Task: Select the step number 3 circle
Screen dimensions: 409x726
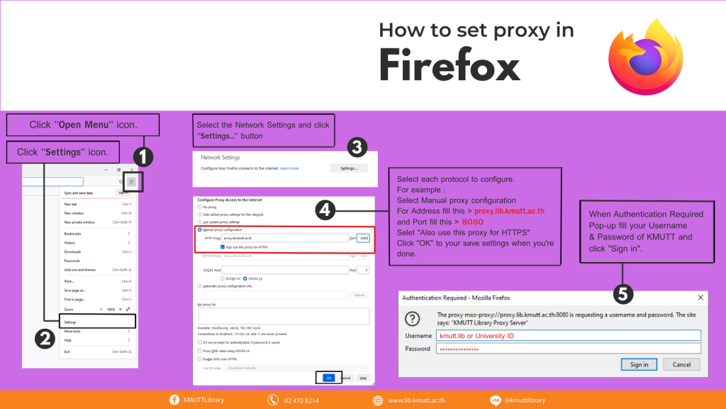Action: click(357, 147)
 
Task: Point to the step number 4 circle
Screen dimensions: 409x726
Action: click(324, 209)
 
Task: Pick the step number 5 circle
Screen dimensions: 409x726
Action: click(622, 293)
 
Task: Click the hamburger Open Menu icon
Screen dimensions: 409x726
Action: click(131, 182)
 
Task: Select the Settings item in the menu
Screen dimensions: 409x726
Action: click(70, 322)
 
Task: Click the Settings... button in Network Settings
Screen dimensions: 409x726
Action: click(348, 168)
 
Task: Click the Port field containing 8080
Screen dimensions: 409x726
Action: click(363, 238)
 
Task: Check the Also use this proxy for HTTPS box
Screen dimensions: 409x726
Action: click(223, 247)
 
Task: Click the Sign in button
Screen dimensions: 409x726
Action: click(639, 364)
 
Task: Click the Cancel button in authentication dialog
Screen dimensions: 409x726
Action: click(681, 364)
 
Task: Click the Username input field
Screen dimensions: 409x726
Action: click(568, 335)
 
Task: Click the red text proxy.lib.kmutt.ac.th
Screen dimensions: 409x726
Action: click(509, 211)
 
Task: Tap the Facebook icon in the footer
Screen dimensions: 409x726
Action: click(174, 400)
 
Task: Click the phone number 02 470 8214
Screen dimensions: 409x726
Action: click(301, 400)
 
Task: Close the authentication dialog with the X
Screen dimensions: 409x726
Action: click(700, 298)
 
